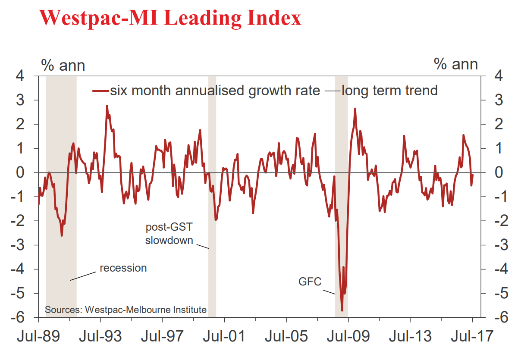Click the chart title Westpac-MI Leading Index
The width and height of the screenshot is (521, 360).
click(x=170, y=18)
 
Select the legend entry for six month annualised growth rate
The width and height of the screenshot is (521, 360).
click(x=207, y=91)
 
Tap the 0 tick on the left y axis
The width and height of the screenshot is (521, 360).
click(x=27, y=172)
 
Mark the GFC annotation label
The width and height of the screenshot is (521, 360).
click(x=310, y=282)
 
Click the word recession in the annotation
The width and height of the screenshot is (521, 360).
click(x=123, y=268)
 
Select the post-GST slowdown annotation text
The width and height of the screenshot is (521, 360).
click(x=169, y=233)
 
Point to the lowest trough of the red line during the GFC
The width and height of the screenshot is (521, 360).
click(x=342, y=310)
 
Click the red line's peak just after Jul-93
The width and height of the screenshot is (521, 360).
click(x=107, y=106)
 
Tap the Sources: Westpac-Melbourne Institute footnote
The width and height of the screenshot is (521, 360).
click(x=126, y=310)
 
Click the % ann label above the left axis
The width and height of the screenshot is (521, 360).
click(x=63, y=65)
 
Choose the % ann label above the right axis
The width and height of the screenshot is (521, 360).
click(x=456, y=65)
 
